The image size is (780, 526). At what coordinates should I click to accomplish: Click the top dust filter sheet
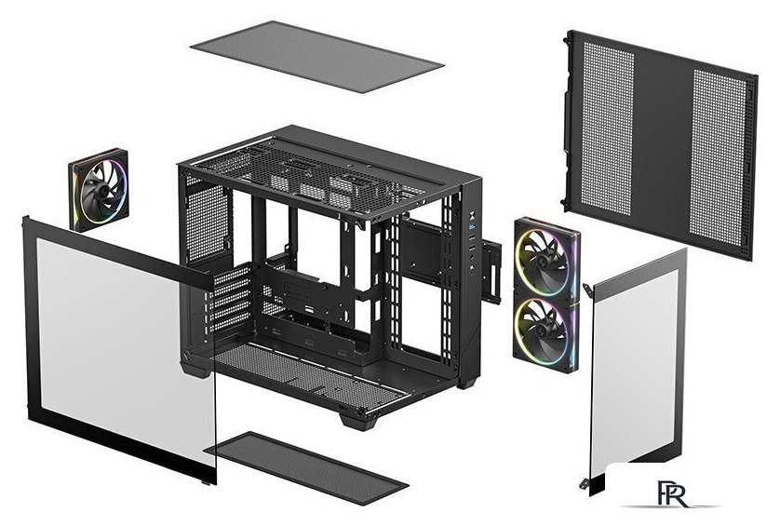(316, 59)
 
